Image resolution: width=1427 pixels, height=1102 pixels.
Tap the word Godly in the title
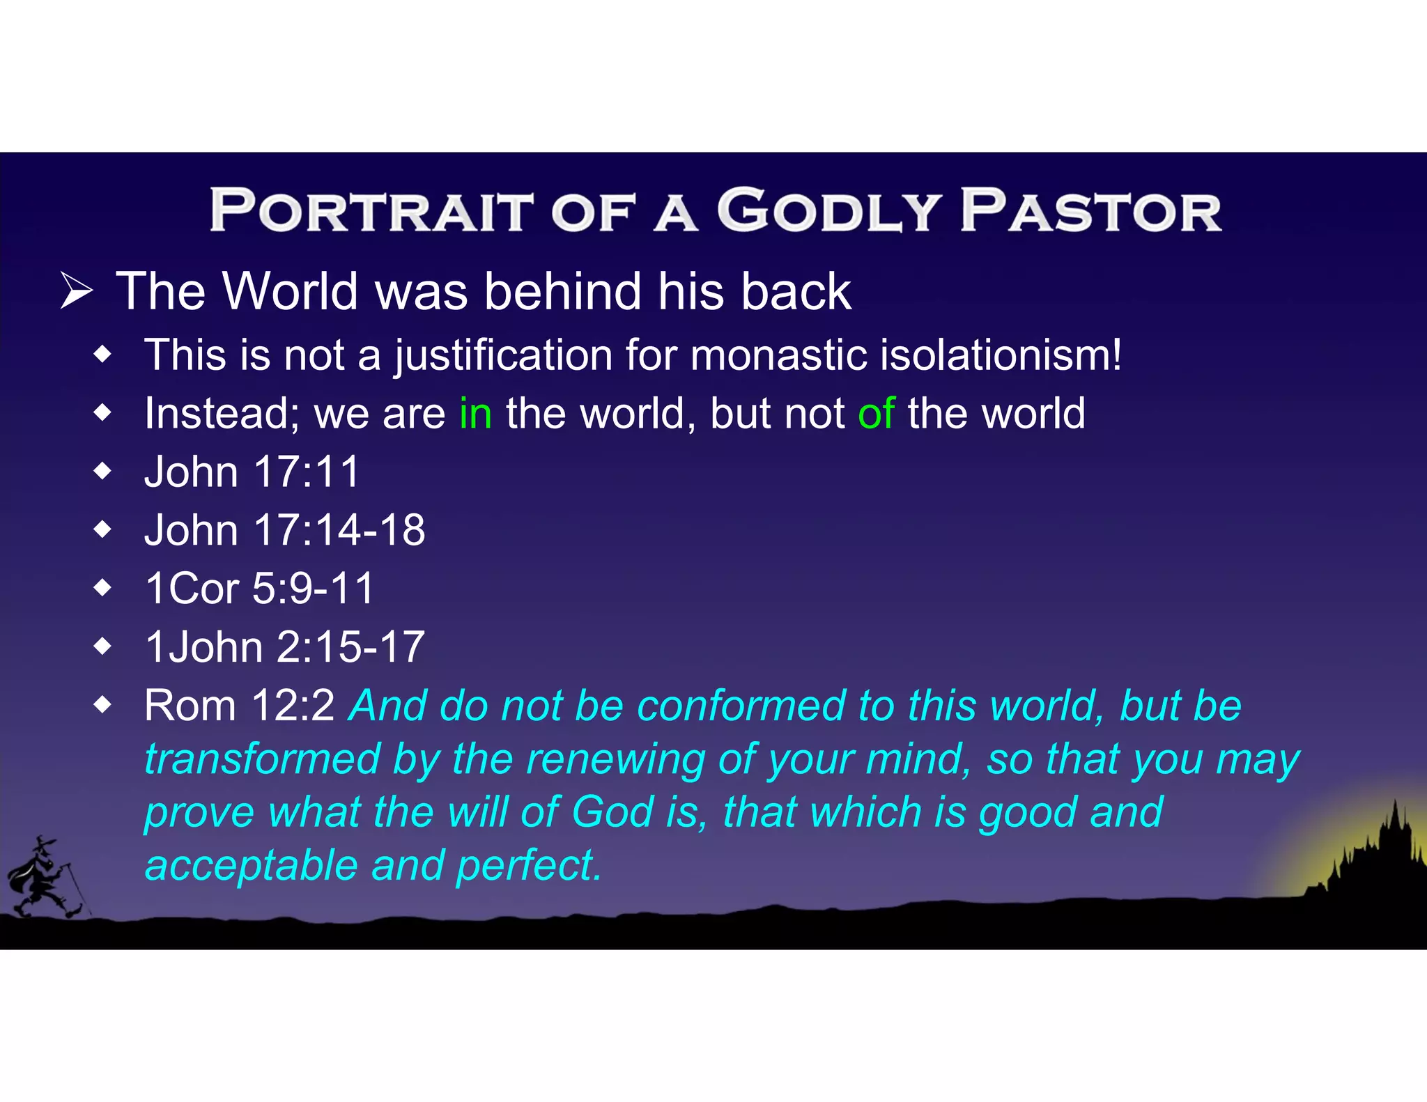828,210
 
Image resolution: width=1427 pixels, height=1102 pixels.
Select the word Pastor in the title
1090,210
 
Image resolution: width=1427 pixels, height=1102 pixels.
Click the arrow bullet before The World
76,291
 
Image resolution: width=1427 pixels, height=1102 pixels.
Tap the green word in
475,414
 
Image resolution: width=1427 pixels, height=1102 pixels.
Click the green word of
876,414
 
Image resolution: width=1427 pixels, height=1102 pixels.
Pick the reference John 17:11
252,472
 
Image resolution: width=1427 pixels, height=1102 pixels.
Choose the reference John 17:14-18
284,531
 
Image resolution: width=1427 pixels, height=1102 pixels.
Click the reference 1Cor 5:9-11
259,589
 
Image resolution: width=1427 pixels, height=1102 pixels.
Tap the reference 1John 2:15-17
284,647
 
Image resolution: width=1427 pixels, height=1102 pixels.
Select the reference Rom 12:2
239,706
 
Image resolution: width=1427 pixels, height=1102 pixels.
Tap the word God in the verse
612,812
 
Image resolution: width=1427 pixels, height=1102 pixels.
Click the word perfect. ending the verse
529,866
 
